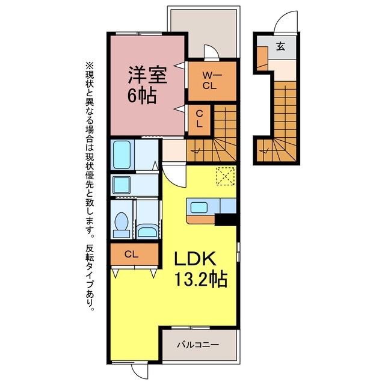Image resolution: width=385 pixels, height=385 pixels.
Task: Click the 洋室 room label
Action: coord(147,75)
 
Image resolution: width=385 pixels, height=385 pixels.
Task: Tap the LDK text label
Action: coord(195,259)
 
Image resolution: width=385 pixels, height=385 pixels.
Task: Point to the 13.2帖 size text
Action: coord(200,279)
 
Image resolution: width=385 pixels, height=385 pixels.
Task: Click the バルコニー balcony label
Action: coord(198,345)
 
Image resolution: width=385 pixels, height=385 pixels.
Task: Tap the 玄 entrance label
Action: coord(281,46)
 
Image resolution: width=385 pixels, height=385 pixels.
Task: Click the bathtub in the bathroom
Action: coord(122,155)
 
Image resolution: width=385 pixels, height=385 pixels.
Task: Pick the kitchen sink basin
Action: coord(199,207)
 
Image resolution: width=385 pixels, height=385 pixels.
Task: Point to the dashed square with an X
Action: coord(225,176)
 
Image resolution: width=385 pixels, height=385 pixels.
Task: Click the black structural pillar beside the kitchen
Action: coord(226,220)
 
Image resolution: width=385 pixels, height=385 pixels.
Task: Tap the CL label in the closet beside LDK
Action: coord(131,254)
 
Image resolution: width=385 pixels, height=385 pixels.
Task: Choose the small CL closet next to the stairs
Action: coord(199,120)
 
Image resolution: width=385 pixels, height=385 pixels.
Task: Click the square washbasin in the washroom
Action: coord(122,185)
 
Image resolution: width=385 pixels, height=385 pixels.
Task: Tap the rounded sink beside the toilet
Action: coord(147,231)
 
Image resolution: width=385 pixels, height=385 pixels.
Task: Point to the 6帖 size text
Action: coord(142,96)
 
